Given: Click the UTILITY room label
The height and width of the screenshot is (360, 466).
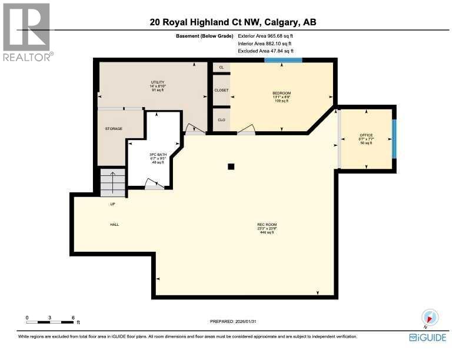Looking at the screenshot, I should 157,82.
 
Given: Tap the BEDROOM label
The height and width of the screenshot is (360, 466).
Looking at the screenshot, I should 281,93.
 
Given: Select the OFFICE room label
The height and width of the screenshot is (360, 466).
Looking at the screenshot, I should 366,135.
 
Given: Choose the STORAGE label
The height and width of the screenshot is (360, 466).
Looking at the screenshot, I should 114,128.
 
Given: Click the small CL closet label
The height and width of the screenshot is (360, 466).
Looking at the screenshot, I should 221,68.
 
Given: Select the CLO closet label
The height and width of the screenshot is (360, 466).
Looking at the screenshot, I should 221,120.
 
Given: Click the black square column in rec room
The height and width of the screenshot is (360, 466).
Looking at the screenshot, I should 231,166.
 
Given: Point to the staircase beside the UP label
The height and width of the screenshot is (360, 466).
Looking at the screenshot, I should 112,182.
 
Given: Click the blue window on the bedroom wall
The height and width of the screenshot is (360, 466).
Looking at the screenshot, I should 283,59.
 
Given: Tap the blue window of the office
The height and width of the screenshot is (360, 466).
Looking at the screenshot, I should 394,139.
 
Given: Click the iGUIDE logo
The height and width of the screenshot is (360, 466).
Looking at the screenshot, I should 427,338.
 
